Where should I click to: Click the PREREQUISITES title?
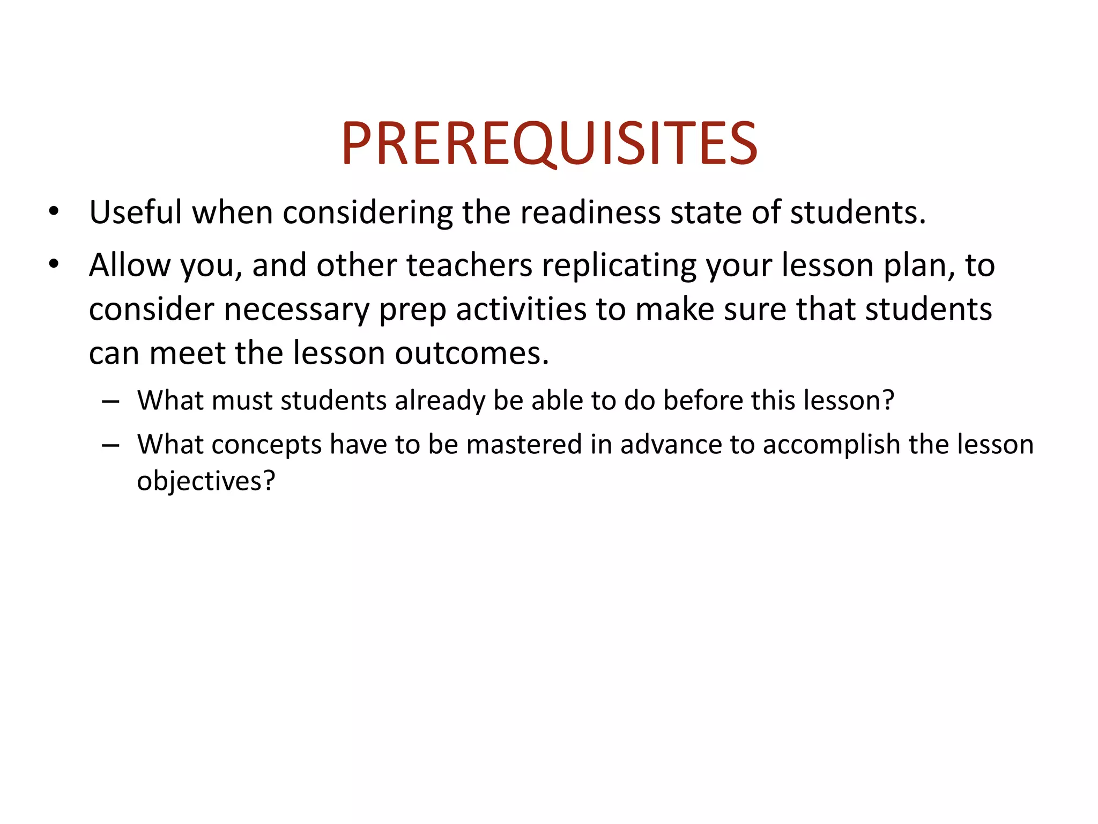coord(549,143)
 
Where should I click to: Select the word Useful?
coord(136,212)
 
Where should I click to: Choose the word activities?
coord(521,310)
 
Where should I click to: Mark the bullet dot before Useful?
coord(53,212)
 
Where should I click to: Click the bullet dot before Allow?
coord(53,264)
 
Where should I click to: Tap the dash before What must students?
coord(110,401)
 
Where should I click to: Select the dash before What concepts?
coord(110,445)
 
